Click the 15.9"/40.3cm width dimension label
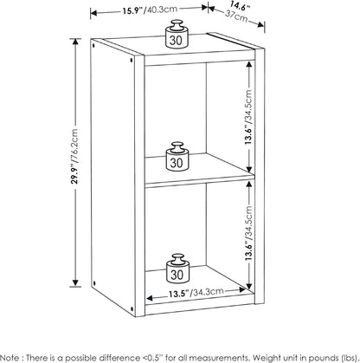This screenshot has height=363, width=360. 150,10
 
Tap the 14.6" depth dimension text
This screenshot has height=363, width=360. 240,6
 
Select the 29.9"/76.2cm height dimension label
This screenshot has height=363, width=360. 75,156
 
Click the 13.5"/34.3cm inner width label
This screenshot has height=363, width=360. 196,293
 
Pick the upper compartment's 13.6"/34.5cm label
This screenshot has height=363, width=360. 248,117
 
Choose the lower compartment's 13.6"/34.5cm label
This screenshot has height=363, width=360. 248,233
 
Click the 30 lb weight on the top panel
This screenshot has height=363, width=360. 177,34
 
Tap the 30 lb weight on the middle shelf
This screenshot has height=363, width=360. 177,156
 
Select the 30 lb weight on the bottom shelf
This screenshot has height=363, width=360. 177,268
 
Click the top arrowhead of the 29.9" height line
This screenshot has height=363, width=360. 75,42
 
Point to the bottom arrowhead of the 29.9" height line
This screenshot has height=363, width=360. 75,283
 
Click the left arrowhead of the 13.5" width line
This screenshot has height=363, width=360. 151,298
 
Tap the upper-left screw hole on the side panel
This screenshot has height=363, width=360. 93,45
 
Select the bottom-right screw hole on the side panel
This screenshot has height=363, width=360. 132,308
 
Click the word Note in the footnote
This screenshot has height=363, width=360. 10,357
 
